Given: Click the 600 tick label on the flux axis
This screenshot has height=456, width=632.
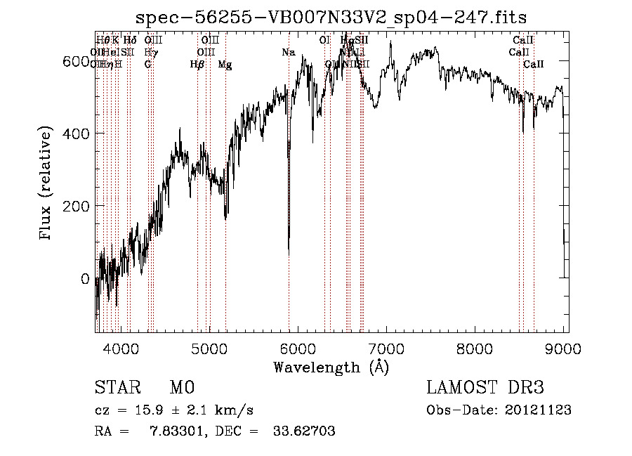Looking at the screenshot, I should point(76,62).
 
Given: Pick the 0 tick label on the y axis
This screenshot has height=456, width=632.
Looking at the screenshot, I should point(84,279).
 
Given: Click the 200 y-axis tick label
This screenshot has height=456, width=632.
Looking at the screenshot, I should point(76,207).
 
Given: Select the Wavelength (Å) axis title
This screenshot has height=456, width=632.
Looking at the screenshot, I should point(331,367).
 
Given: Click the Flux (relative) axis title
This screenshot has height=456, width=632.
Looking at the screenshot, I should point(47,184).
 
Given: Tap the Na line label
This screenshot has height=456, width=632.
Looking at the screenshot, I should point(289,53).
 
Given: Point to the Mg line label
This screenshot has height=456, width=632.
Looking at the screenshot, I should point(225,65).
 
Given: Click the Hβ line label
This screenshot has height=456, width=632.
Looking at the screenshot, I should point(197,65).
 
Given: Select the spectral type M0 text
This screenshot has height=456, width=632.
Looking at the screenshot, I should point(182,388).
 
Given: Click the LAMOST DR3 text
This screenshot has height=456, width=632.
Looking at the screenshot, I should point(485,388).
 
